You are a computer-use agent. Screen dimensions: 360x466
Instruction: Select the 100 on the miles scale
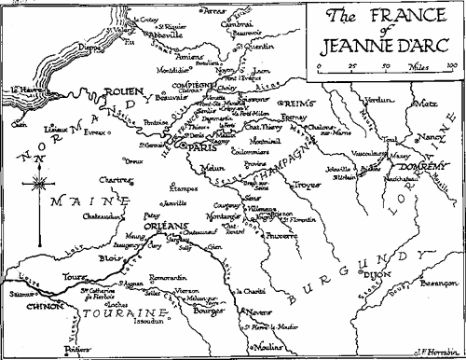[x=451, y=65]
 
